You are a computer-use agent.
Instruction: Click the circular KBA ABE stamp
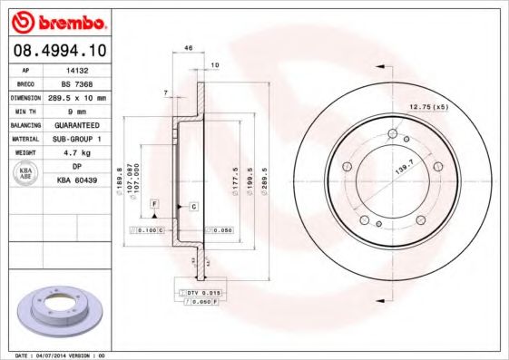tap(25, 174)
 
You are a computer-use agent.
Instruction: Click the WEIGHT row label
tap(24, 153)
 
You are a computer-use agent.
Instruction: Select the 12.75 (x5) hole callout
tap(428, 107)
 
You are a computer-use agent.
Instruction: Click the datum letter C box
tap(194, 207)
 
